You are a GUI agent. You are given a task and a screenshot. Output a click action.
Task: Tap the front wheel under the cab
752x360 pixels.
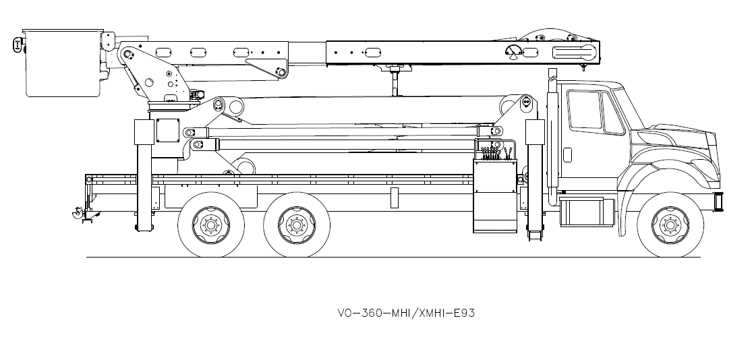(670, 224)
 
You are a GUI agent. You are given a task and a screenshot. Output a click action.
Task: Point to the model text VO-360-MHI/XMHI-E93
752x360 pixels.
(401, 313)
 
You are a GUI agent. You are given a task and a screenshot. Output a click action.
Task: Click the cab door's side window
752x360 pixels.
(584, 109)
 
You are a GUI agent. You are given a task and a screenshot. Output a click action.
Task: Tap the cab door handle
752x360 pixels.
(567, 154)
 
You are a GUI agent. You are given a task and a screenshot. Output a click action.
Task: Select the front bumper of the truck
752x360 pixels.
(718, 200)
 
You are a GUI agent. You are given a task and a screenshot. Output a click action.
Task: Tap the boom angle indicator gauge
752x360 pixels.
(513, 52)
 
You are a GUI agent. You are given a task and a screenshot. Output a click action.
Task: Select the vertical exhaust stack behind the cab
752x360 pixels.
(552, 135)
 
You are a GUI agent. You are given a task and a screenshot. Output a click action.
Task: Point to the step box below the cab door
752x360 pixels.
(582, 211)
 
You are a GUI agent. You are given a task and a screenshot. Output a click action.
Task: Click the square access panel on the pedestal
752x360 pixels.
(165, 129)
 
